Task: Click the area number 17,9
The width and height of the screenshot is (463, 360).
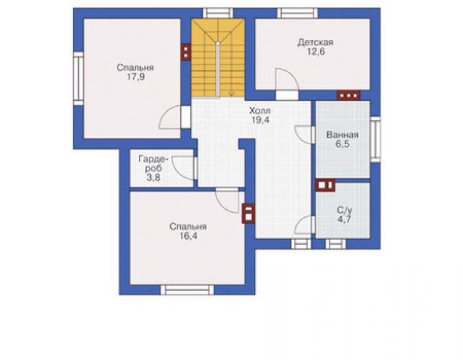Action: click(136, 78)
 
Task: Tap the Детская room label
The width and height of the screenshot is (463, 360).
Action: click(315, 43)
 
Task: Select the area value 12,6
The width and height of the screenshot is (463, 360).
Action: click(316, 52)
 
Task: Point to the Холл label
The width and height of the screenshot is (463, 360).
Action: click(260, 111)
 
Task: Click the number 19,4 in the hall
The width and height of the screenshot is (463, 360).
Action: click(260, 120)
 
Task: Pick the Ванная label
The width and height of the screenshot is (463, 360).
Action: click(342, 135)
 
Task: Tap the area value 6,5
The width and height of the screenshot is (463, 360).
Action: click(342, 144)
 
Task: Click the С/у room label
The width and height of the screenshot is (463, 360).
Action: click(344, 210)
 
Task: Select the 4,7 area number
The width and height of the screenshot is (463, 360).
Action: click(344, 220)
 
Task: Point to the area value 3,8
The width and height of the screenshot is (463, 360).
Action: click(153, 177)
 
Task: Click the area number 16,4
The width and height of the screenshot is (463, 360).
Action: click(188, 236)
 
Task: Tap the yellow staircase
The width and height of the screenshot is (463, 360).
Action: click(218, 58)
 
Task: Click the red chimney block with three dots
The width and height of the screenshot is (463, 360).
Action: click(349, 95)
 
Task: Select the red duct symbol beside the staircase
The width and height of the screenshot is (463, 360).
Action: click(186, 53)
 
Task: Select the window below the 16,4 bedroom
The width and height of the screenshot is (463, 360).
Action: click(187, 290)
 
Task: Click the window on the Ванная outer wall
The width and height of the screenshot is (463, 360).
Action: click(375, 139)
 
